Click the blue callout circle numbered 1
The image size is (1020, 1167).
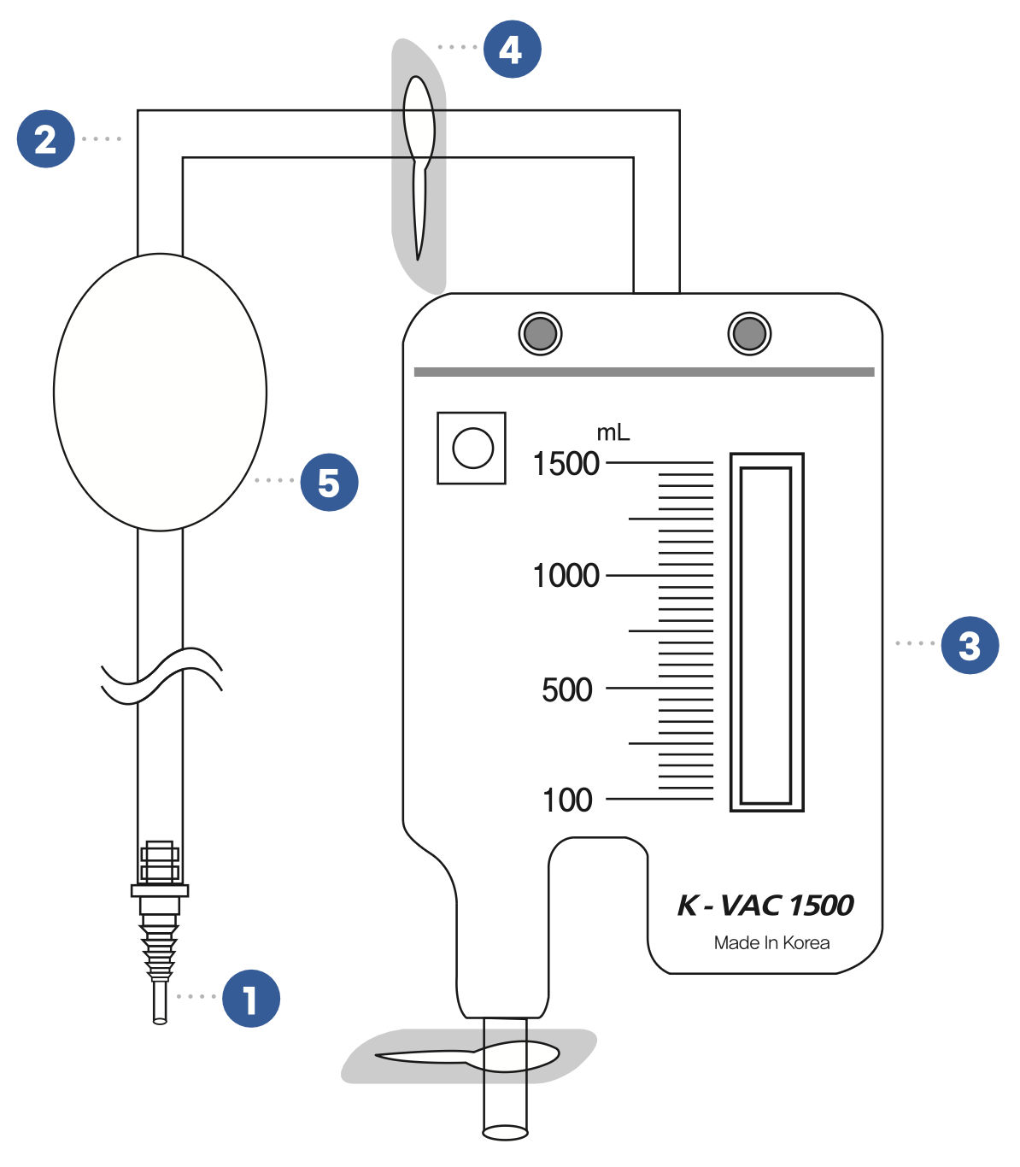click(251, 998)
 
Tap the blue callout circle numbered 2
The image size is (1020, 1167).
click(46, 138)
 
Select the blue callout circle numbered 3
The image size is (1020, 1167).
click(970, 645)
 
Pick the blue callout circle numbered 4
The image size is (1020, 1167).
click(512, 50)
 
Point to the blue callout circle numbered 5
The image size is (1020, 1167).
click(329, 483)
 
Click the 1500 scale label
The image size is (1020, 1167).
click(566, 464)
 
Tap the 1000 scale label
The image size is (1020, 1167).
click(566, 576)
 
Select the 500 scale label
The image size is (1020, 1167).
click(566, 689)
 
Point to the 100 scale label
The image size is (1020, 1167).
click(567, 800)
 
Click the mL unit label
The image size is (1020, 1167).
click(613, 433)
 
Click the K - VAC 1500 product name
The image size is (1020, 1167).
click(765, 906)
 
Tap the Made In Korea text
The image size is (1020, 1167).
click(771, 943)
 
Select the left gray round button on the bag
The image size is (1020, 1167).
click(540, 333)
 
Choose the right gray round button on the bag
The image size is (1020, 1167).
click(749, 333)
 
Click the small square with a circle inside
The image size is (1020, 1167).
click(472, 449)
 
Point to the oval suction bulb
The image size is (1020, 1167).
click(160, 392)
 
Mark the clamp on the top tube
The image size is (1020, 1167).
click(419, 162)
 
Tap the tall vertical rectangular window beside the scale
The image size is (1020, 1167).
click(766, 632)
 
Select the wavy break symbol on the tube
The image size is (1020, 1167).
click(161, 675)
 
